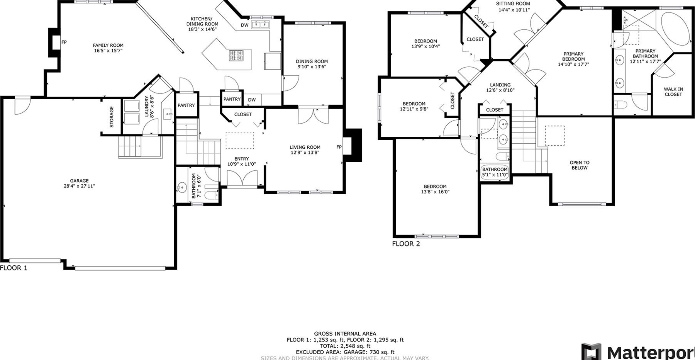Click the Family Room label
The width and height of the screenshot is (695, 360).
pyautogui.click(x=108, y=45)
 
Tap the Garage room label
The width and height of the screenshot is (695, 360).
pyautogui.click(x=79, y=181)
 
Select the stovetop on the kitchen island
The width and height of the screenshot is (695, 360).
pyautogui.click(x=236, y=55)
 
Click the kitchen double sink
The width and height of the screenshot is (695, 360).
pyautogui.click(x=260, y=25)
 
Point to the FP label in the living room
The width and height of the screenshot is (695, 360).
pyautogui.click(x=339, y=147)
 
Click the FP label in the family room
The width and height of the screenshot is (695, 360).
pyautogui.click(x=64, y=42)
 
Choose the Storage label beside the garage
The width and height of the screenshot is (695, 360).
pyautogui.click(x=112, y=117)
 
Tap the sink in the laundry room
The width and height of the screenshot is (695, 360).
pyautogui.click(x=168, y=114)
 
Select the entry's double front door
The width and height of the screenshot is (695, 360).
pyautogui.click(x=242, y=180)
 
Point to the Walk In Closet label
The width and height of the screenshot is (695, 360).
pyautogui.click(x=673, y=92)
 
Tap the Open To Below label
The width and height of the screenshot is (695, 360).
pyautogui.click(x=580, y=165)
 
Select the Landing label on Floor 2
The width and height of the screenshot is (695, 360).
pyautogui.click(x=500, y=85)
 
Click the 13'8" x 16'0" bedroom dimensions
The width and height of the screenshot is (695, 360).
pyautogui.click(x=435, y=192)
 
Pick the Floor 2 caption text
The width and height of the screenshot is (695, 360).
pyautogui.click(x=406, y=244)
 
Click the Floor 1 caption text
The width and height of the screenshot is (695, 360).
pyautogui.click(x=14, y=268)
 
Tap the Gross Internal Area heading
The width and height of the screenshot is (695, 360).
pyautogui.click(x=345, y=334)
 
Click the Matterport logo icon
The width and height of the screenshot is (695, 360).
pyautogui.click(x=592, y=352)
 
